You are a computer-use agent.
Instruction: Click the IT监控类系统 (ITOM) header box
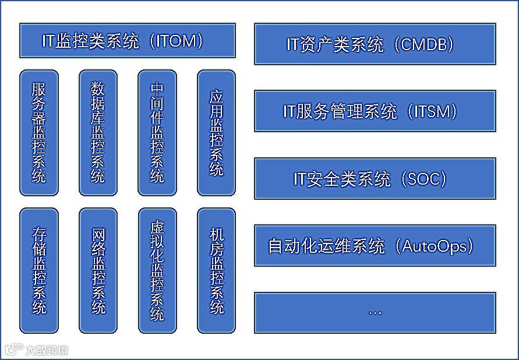[x=127, y=41]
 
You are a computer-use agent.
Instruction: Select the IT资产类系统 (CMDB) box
[x=375, y=44]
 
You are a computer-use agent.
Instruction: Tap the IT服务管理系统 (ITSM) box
[x=375, y=111]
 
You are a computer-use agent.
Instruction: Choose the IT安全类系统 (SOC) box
[x=375, y=178]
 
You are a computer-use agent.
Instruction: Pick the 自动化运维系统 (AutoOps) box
[x=375, y=245]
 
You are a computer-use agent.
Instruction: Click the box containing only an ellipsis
[x=375, y=312]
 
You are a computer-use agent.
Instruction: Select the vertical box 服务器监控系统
[x=38, y=133]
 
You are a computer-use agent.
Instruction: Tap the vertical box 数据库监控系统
[x=98, y=133]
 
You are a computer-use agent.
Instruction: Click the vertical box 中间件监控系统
[x=157, y=133]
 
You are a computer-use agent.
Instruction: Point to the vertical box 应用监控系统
[x=216, y=133]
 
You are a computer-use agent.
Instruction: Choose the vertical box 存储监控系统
[x=38, y=271]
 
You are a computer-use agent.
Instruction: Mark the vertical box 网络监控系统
[x=98, y=271]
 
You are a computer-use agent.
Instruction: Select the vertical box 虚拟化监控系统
[x=157, y=271]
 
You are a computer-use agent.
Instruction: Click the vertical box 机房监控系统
[x=216, y=271]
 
